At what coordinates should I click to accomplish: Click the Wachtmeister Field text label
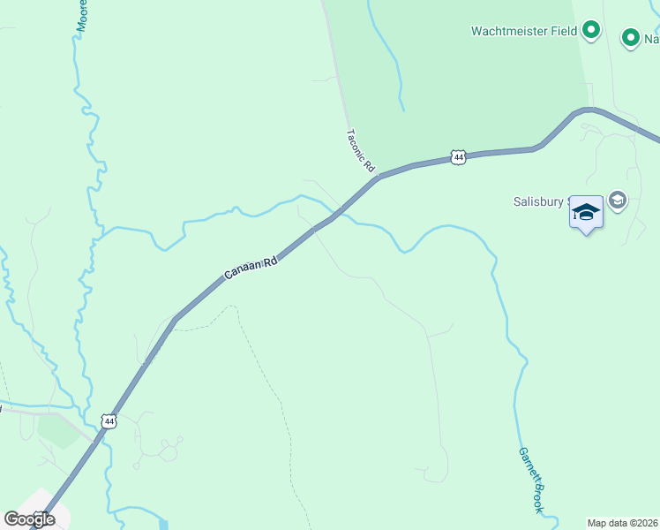[x=523, y=31]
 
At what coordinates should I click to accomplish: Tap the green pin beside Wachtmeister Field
[x=591, y=31]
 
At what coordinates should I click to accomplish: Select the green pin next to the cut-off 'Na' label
[x=630, y=38]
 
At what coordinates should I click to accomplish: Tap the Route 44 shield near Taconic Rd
[x=457, y=156]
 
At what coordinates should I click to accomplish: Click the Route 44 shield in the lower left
[x=109, y=421]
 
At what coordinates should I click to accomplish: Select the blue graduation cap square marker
[x=586, y=213]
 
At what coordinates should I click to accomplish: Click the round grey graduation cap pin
[x=617, y=201]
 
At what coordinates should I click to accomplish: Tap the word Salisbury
[x=538, y=201]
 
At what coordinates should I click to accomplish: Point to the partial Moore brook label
[x=82, y=16]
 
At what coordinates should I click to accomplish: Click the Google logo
[x=29, y=519]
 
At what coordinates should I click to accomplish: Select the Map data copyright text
[x=623, y=523]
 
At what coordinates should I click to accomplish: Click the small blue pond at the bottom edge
[x=164, y=524]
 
